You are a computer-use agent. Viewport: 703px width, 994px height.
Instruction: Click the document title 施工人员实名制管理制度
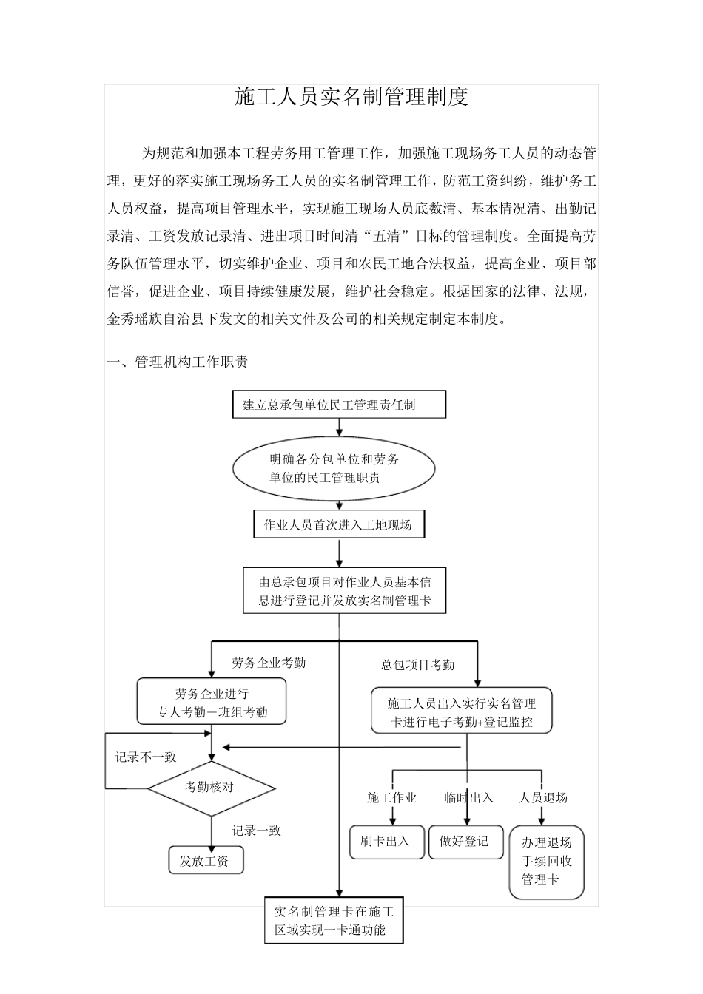[x=351, y=97]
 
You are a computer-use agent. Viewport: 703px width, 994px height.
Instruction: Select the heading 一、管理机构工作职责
[x=178, y=362]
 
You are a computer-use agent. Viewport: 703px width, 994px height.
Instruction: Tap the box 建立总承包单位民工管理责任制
[x=340, y=405]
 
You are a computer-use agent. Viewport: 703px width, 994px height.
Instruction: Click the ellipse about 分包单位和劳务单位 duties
[x=334, y=468]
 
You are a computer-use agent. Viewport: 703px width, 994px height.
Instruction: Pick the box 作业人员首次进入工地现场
[x=339, y=525]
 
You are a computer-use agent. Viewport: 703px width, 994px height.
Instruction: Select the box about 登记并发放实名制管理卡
[x=345, y=591]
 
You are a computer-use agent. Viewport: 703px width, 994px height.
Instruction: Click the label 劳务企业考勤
[x=268, y=663]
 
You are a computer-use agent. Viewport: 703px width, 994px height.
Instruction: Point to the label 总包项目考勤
[x=417, y=665]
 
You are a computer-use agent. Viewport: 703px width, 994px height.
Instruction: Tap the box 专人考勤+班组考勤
[x=212, y=703]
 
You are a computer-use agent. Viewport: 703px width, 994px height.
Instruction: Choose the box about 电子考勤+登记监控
[x=462, y=712]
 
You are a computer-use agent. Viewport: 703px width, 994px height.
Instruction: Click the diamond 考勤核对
[x=211, y=787]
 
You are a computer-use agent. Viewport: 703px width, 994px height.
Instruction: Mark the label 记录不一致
[x=146, y=757]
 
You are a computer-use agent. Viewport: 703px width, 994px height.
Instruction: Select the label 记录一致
[x=256, y=831]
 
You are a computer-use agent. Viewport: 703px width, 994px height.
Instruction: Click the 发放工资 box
[x=205, y=861]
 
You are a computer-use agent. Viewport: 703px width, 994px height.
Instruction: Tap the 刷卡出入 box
[x=386, y=842]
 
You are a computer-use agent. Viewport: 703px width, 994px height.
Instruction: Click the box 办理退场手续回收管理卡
[x=546, y=862]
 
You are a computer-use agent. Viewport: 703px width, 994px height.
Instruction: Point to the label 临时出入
[x=468, y=797]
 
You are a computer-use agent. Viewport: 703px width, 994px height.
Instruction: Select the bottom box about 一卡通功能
[x=334, y=920]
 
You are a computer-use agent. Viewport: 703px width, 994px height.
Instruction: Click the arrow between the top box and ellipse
[x=340, y=427]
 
